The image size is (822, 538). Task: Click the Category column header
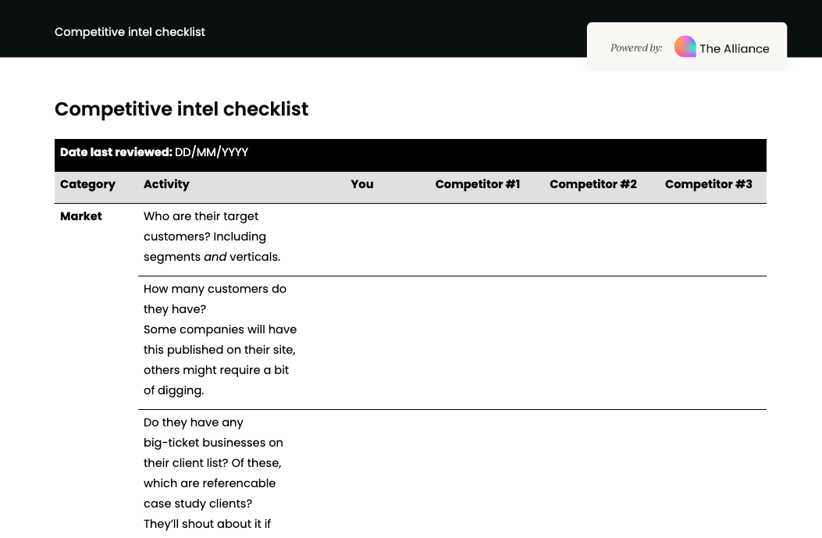point(87,184)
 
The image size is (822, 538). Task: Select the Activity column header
point(166,184)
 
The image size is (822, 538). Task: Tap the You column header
point(362,184)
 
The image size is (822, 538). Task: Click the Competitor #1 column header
point(477,184)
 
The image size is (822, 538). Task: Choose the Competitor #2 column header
point(593,184)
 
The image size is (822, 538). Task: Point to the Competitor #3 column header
point(708,184)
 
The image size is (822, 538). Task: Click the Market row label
point(81,216)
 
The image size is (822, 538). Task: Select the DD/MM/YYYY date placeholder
point(212,152)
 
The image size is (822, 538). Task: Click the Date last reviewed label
point(116,152)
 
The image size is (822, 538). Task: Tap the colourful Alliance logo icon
point(685,47)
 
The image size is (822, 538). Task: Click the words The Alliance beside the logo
point(734,48)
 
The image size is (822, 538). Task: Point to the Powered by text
point(636,48)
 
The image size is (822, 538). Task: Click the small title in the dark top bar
point(130,32)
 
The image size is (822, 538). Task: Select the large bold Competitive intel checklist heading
point(181,109)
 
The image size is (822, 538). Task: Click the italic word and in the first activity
point(215,257)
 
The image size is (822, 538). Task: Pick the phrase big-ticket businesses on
point(213,443)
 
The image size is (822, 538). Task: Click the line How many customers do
point(215,289)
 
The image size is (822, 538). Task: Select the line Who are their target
point(201,216)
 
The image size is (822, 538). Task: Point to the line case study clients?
point(197,504)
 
